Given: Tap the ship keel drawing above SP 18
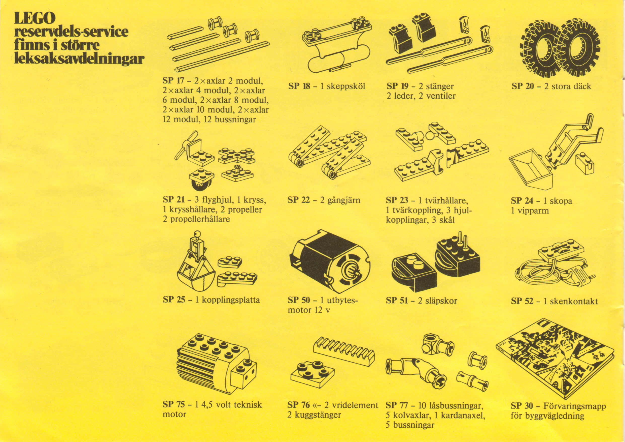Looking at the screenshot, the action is coord(337,45).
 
